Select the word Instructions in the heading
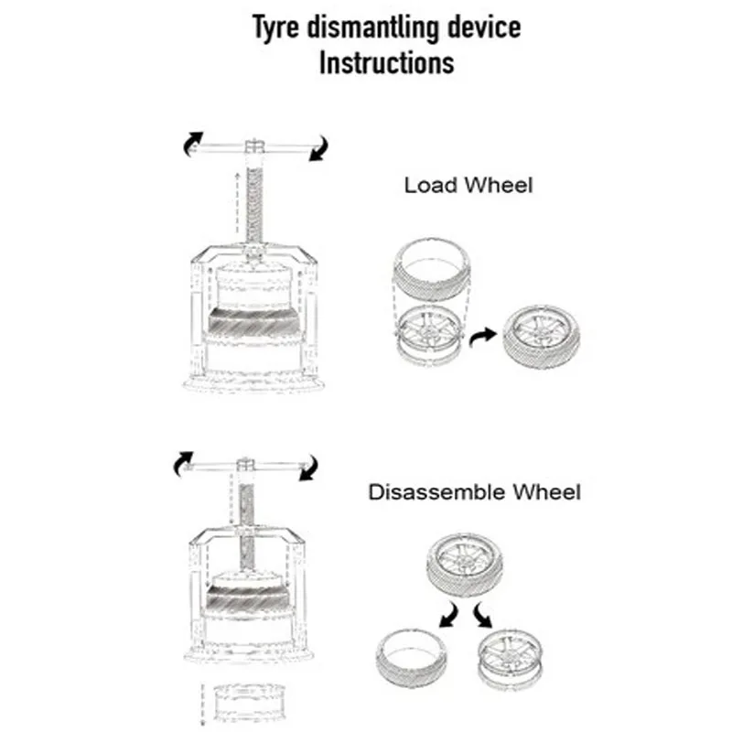(386, 63)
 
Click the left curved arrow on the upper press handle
(191, 142)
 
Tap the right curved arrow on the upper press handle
(318, 146)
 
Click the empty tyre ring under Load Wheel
(427, 267)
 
